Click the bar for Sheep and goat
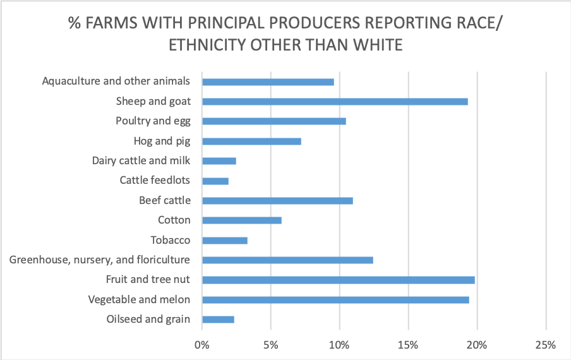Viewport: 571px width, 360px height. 335,102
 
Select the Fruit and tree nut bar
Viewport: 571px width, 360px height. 338,280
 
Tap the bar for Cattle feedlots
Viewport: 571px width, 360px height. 215,181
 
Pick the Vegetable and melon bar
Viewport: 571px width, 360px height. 335,300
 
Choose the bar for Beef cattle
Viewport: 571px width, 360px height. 277,201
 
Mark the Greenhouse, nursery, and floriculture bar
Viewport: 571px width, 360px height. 287,260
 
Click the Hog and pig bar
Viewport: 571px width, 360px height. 251,141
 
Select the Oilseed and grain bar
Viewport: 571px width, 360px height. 218,320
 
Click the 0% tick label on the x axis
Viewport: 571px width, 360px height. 201,345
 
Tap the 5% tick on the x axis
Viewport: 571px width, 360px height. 270,345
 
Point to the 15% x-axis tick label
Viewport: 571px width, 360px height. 408,345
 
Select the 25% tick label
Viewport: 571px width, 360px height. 545,345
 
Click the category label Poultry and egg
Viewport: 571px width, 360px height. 153,121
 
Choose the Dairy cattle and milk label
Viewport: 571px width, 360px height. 141,161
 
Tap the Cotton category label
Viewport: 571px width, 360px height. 174,220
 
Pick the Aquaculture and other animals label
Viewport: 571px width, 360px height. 116,81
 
